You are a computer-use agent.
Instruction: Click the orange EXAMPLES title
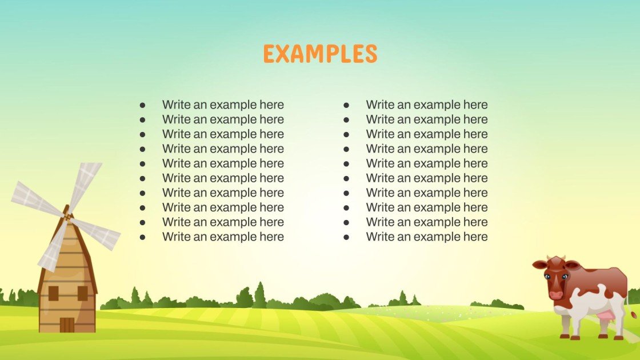pos(320,54)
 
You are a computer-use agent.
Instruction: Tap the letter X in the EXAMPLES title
pos(284,54)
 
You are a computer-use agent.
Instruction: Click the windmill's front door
pos(67,325)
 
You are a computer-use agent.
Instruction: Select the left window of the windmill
pos(54,293)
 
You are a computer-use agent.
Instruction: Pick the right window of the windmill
pos(82,293)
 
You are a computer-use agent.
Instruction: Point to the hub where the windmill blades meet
pos(67,217)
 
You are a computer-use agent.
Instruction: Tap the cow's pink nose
pos(555,295)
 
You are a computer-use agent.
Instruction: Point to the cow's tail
pos(632,311)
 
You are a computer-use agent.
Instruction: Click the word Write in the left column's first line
pos(175,105)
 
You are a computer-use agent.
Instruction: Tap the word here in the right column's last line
pos(475,237)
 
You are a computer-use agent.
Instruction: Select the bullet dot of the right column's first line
pos(346,105)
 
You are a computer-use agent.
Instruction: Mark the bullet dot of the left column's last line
pos(142,237)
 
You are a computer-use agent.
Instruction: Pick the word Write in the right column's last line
pos(379,237)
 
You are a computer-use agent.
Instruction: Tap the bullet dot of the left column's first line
pos(142,105)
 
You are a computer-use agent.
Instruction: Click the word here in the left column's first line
pos(271,105)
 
